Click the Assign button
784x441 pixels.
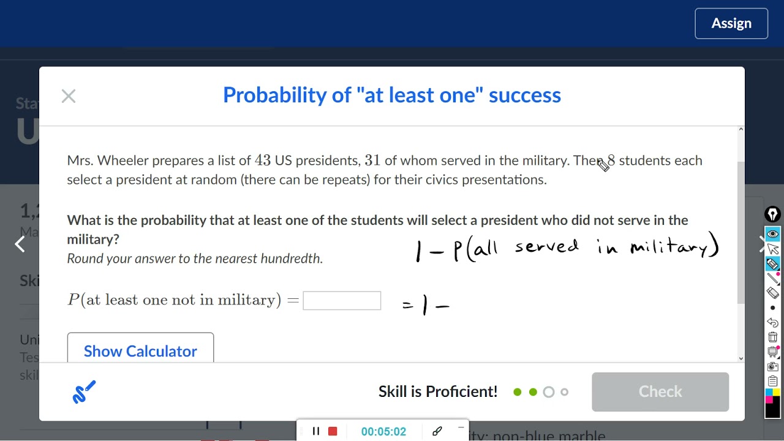point(731,24)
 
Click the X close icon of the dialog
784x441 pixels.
point(69,96)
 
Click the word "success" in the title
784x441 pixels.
point(525,95)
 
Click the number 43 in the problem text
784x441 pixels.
point(262,160)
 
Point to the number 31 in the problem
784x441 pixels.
point(372,160)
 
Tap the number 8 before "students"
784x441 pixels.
point(611,160)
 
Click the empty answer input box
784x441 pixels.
point(342,301)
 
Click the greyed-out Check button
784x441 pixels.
point(660,391)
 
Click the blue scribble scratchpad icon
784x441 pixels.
point(84,392)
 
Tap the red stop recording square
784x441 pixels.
point(333,431)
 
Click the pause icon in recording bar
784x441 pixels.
point(316,431)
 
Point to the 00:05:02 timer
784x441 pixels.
point(383,432)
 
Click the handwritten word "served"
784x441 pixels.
point(546,247)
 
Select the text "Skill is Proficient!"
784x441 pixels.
point(438,391)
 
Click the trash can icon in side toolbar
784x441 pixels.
point(772,337)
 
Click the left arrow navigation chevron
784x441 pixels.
point(20,244)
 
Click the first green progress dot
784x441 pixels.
point(518,392)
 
